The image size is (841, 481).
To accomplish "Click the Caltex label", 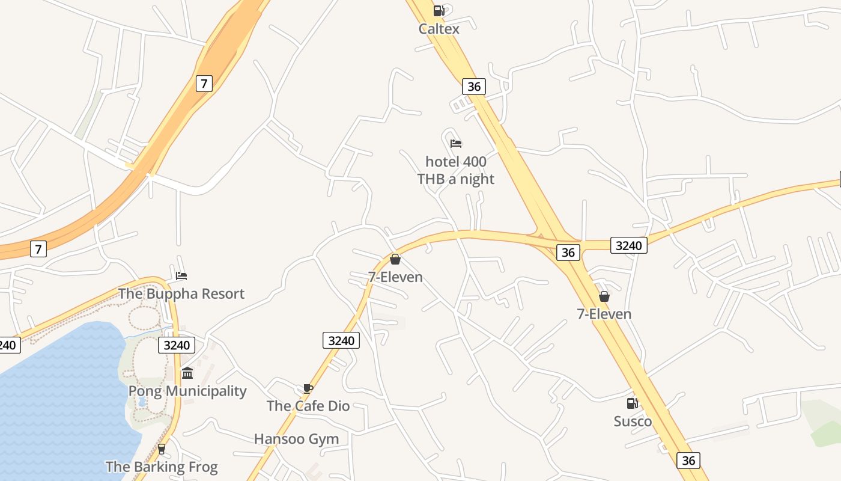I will tap(439, 29).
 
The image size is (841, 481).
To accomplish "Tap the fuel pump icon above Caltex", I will tap(439, 11).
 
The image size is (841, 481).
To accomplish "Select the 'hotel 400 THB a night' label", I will tap(456, 170).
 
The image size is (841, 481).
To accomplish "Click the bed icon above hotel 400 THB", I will tap(456, 144).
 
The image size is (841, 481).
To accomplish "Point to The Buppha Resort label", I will tap(181, 293).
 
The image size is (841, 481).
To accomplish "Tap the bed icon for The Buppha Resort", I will tap(181, 276).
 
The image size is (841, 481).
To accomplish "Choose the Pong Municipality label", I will tap(187, 391).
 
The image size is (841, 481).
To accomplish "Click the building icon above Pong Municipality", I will tap(187, 373).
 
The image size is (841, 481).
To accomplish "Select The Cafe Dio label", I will tap(308, 406).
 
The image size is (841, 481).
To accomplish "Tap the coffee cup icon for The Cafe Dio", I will tap(308, 388).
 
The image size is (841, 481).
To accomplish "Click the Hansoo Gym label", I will tap(297, 439).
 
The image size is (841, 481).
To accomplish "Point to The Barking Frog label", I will tap(162, 467).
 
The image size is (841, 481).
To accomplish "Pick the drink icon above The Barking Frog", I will tap(161, 449).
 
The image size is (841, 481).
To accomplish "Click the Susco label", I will tap(633, 421).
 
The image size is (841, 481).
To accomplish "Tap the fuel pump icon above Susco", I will tap(633, 403).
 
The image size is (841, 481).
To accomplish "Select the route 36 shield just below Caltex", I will tap(474, 87).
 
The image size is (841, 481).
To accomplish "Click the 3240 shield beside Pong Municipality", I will tap(177, 345).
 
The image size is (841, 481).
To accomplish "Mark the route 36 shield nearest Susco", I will tap(688, 461).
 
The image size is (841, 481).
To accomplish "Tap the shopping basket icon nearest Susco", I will tap(604, 296).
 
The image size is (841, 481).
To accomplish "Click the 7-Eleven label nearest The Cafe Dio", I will tap(395, 277).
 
